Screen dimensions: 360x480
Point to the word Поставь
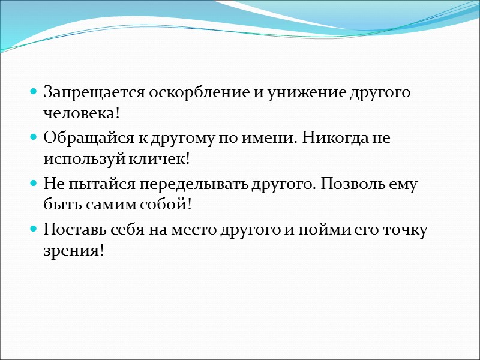point(69,230)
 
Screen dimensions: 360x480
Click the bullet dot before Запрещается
point(35,94)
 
